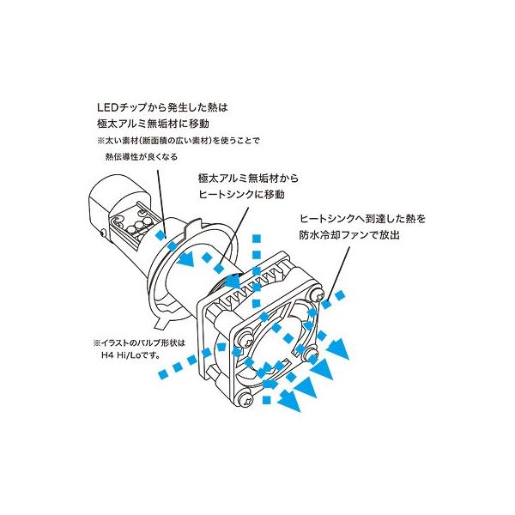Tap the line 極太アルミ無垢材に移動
pyautogui.click(x=148, y=124)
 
